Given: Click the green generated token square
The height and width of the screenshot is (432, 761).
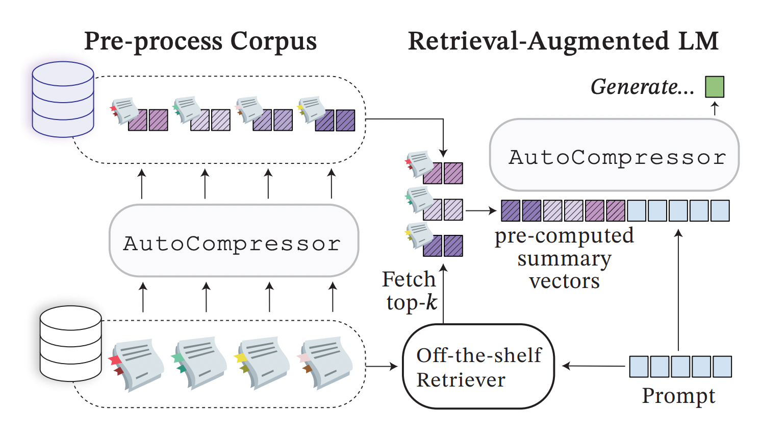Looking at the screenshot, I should pos(714,87).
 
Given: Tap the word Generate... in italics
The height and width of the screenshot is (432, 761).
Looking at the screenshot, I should pos(642,87).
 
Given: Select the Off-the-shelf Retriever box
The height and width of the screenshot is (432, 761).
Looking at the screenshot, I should pos(478,367).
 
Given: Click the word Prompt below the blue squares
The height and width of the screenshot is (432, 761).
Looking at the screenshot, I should pos(678,396).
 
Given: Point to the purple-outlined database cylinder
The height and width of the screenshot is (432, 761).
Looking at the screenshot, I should pos(63,99).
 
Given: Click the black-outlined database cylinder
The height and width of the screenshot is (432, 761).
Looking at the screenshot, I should pos(70,343).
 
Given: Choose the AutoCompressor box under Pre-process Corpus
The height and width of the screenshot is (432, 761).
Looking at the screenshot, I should pos(234,241).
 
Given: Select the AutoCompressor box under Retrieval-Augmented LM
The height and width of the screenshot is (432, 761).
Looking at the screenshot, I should pos(614,155).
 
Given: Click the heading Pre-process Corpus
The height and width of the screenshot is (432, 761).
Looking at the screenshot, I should pos(200,41).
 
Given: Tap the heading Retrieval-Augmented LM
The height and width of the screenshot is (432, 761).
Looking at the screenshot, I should pos(563,41).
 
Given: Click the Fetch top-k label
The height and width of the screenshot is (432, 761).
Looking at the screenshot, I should pos(410,291).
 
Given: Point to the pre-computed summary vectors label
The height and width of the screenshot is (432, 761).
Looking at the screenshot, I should pos(564,258).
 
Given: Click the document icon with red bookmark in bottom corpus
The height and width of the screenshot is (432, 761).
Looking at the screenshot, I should pos(137,364).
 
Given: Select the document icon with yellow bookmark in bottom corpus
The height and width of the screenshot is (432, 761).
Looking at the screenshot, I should pos(262,363).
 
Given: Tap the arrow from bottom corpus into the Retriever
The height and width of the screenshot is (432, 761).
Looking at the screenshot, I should pos(382,366).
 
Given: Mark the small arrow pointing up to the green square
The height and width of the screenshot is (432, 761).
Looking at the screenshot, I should pos(715,108).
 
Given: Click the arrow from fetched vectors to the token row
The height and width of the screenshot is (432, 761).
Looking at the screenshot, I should pos(481,210).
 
